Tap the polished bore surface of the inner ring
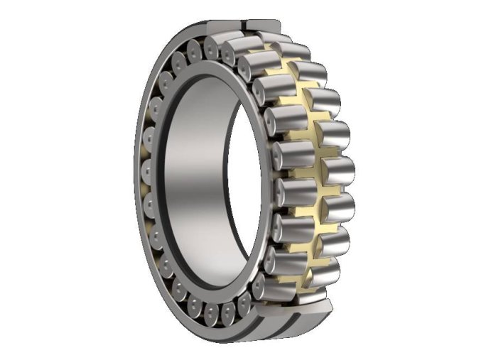pyautogui.click(x=196, y=178)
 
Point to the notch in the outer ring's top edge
pyautogui.click(x=245, y=27)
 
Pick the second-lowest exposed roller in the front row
pyautogui.click(x=284, y=256)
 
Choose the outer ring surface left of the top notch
pyautogui.click(x=220, y=28)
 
